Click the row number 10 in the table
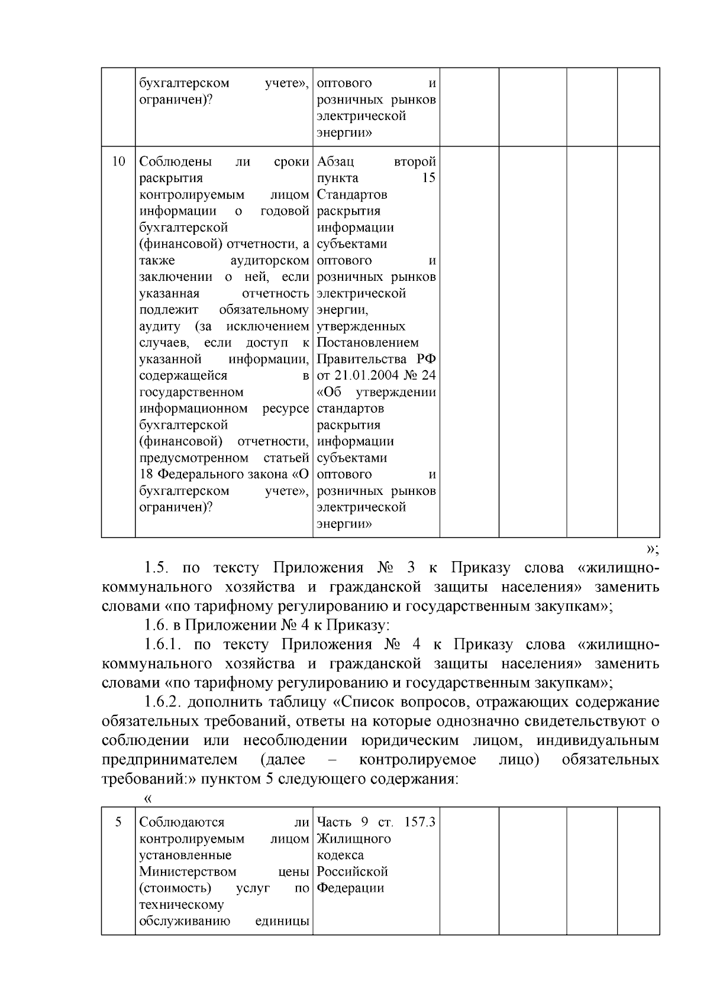pos(118,161)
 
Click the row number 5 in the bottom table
pos(118,822)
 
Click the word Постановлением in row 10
pos(367,342)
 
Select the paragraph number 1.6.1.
pos(169,644)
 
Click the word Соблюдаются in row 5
pos(181,822)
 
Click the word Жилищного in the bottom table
pos(354,838)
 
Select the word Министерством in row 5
pos(187,872)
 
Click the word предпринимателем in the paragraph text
pos(169,759)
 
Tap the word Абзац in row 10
pos(335,161)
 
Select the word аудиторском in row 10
pos(270,260)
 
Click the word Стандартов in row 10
pos(352,195)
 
